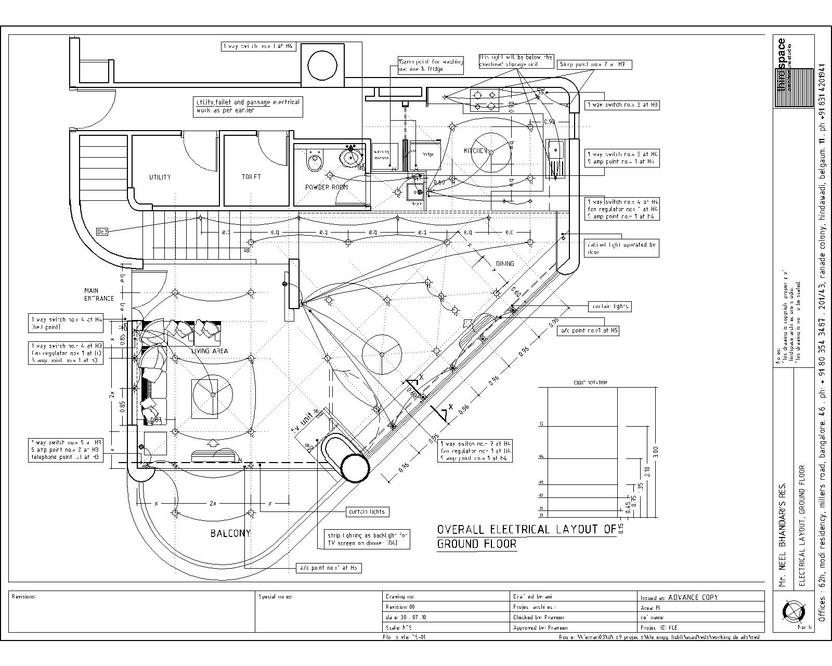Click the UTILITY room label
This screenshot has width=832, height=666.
tap(160, 177)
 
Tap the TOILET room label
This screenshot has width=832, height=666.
tap(251, 177)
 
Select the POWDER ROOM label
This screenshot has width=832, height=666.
tap(327, 187)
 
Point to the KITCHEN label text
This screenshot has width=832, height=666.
tap(475, 151)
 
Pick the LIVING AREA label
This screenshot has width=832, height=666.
tap(210, 351)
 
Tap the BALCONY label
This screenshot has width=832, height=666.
tap(230, 533)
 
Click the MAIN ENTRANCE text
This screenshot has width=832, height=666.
tap(99, 294)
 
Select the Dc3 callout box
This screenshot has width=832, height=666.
tap(102, 232)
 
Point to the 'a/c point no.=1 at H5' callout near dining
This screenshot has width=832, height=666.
tap(589, 330)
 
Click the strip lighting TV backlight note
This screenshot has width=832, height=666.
tap(368, 539)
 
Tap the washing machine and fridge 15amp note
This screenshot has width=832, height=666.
tap(430, 65)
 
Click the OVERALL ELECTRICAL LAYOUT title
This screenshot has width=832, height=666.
tap(526, 536)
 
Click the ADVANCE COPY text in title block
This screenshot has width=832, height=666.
tap(693, 597)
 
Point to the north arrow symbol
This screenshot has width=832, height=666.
tap(795, 612)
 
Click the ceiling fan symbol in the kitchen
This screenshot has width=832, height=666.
tap(492, 151)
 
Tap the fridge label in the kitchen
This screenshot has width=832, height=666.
tap(427, 155)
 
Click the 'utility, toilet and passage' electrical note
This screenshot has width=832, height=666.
tap(248, 106)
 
